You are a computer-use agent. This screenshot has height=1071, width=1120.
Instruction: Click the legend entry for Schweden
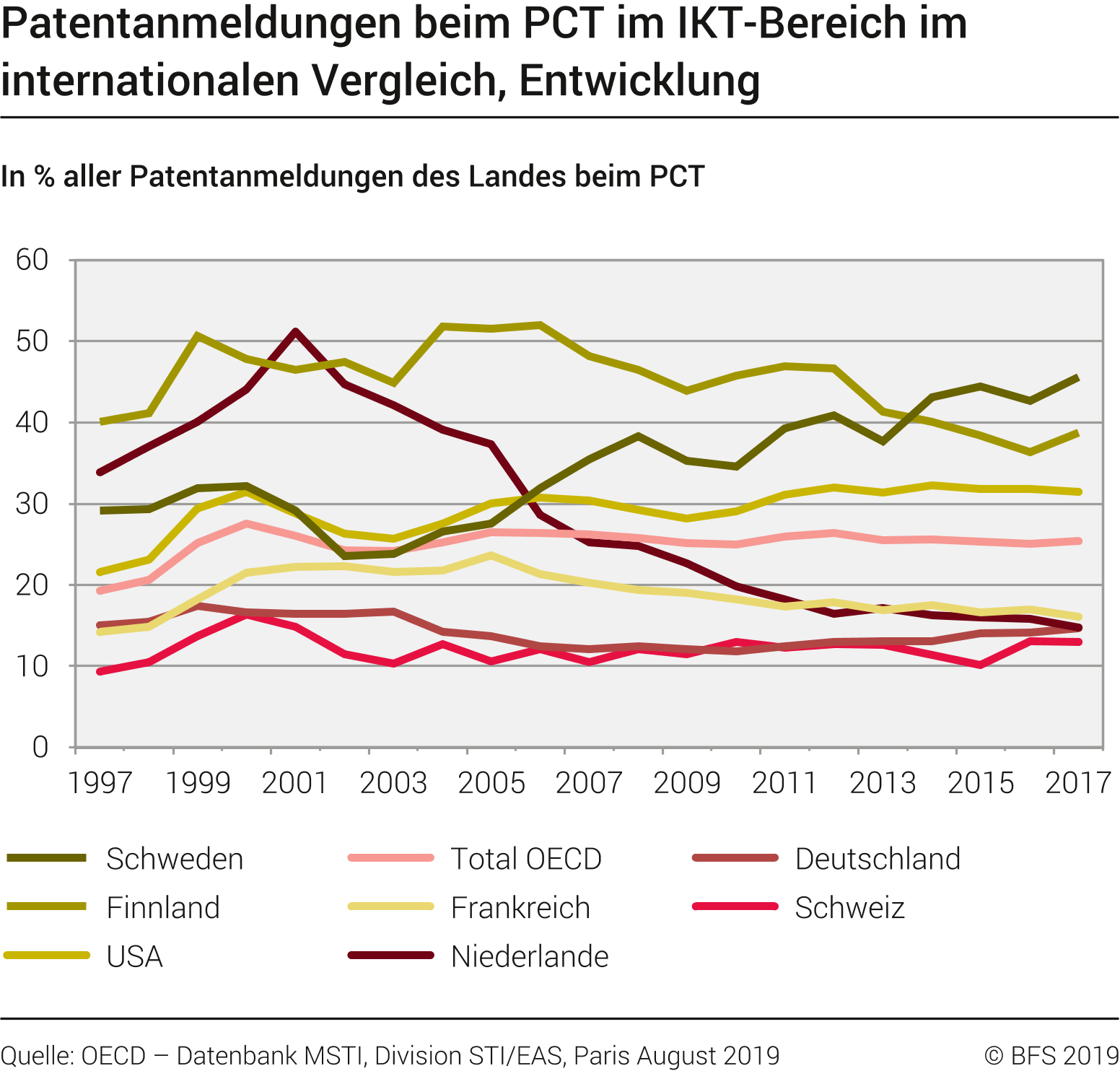coord(174,859)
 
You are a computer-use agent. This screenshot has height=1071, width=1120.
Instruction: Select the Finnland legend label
coord(162,907)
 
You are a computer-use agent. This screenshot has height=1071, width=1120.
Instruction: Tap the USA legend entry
coord(134,956)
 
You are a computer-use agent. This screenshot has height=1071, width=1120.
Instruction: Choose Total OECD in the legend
coord(525,859)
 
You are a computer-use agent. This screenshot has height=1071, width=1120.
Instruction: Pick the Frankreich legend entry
coord(520,907)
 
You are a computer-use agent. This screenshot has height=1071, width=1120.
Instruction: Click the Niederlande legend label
coord(529,956)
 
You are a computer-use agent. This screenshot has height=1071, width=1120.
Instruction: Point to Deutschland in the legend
coord(877,859)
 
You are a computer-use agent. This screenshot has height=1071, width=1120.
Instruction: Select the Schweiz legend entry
coord(849,907)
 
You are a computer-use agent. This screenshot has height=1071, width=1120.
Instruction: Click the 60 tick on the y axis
coord(32,260)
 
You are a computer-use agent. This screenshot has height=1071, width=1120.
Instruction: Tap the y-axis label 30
coord(32,504)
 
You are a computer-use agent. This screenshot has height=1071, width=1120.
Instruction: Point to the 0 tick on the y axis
coord(40,748)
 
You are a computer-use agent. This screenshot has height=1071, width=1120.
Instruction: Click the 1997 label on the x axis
coord(100,783)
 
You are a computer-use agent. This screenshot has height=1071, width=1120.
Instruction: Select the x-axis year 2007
coord(589,783)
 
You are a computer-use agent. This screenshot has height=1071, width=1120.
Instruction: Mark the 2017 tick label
coord(1078,783)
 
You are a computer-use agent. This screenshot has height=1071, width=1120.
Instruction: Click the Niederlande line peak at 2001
coord(296,331)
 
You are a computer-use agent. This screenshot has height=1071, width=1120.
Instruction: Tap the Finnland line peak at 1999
coord(198,335)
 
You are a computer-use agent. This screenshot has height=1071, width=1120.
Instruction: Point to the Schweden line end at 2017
coord(1078,377)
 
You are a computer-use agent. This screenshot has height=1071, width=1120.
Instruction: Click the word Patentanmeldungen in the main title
coord(201,23)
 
